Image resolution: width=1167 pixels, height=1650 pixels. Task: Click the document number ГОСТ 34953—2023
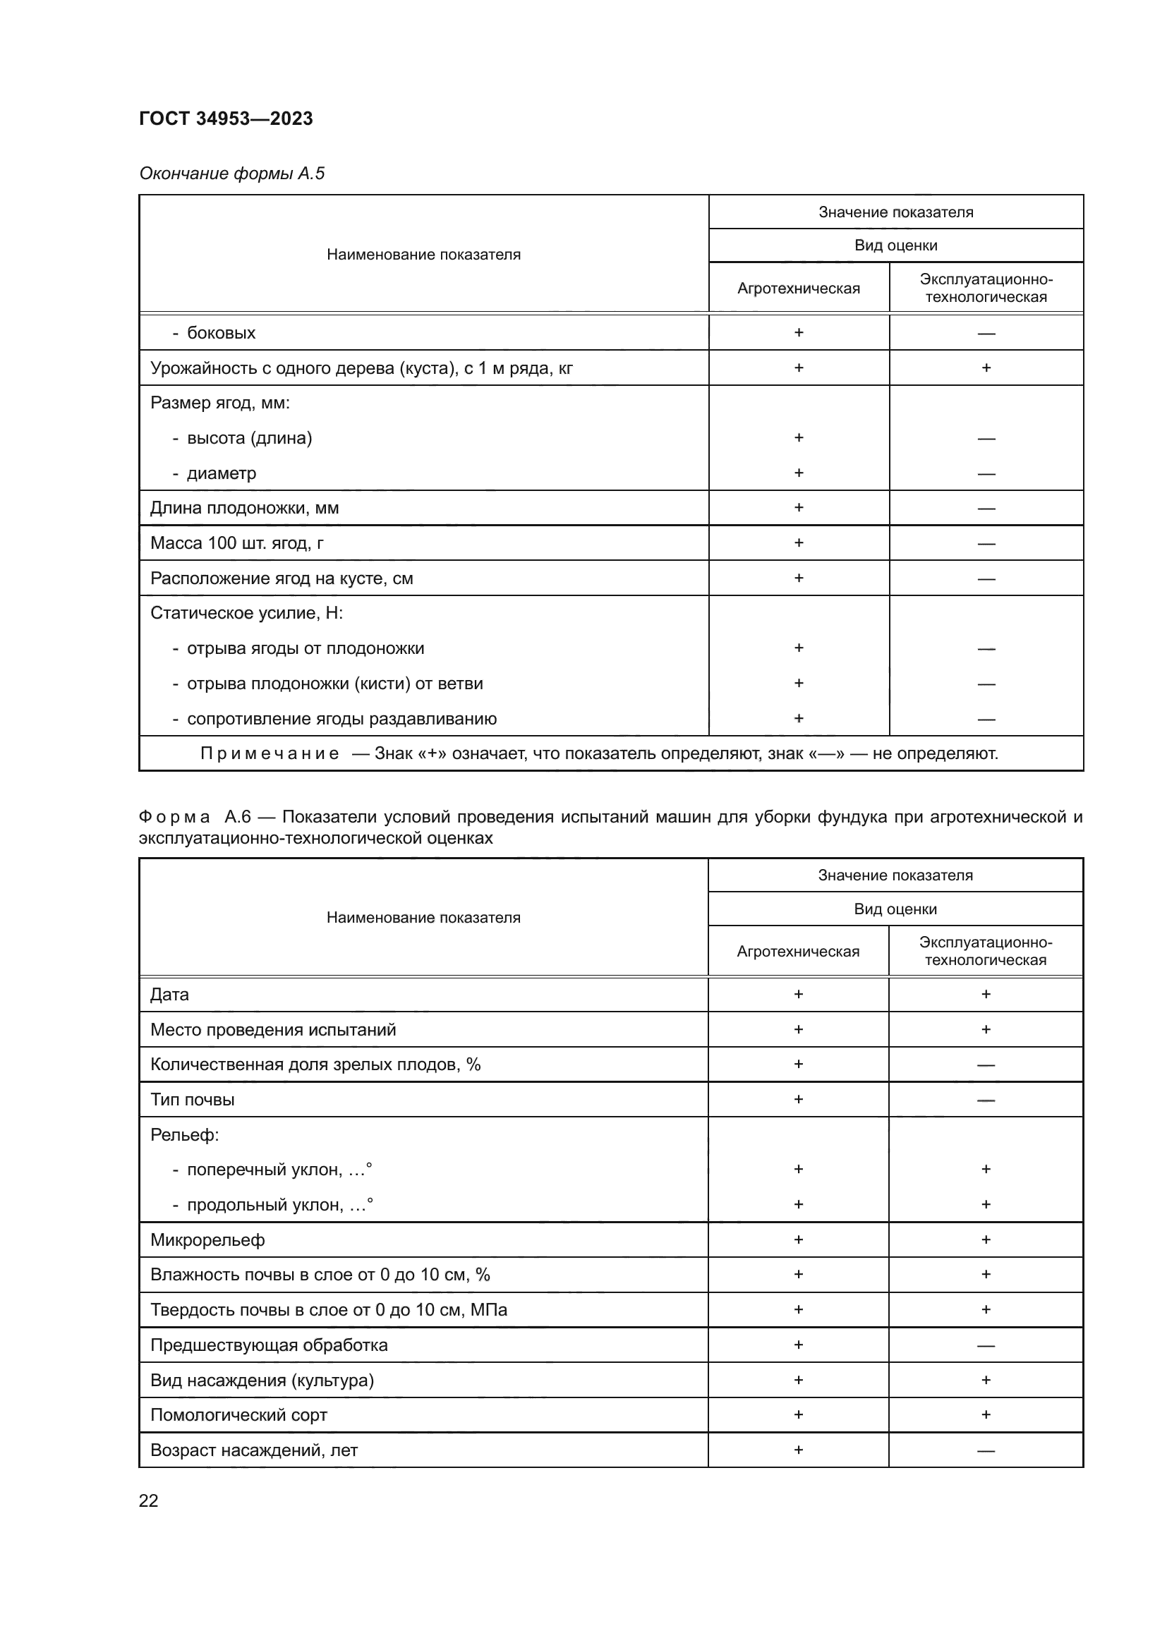[226, 119]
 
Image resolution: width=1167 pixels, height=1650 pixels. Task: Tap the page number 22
[149, 1500]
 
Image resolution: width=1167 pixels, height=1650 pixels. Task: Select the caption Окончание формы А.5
[231, 174]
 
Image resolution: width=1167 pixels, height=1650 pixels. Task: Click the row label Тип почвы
[192, 1100]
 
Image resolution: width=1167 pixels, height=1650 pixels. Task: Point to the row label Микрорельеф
[207, 1239]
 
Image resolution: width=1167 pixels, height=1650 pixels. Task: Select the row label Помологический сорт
[238, 1415]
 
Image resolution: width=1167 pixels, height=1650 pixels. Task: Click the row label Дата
[169, 995]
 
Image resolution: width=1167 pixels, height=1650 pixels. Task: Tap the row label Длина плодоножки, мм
[244, 508]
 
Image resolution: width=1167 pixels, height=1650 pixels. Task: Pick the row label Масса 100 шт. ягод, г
[236, 543]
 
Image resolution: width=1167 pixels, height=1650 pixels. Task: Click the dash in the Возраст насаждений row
[986, 1451]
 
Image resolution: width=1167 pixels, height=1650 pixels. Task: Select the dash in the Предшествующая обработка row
[986, 1346]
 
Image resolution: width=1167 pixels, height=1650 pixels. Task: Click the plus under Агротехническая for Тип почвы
[799, 1099]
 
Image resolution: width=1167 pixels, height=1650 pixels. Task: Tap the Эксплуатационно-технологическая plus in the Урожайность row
[986, 368]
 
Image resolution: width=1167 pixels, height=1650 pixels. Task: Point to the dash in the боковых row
[986, 334]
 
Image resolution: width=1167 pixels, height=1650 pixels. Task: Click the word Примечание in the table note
[270, 753]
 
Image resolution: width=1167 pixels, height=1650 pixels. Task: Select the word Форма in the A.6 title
[174, 817]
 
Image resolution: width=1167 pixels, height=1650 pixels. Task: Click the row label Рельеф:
[185, 1135]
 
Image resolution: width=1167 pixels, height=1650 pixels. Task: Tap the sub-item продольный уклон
[279, 1204]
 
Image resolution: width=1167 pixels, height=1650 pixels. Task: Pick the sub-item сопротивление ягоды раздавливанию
[341, 719]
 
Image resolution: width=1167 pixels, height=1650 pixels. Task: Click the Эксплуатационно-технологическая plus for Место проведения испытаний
[986, 1029]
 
